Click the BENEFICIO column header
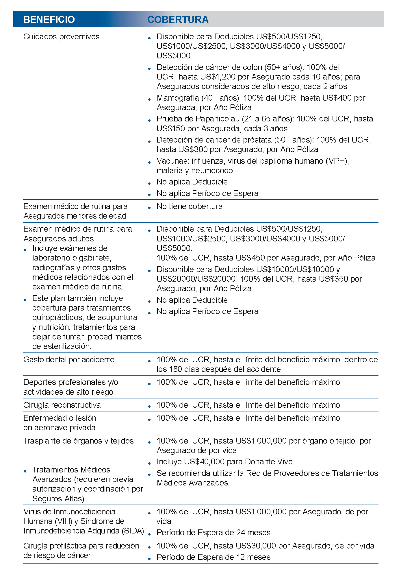pos(49,19)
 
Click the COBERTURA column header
pos(178,19)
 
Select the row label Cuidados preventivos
pos(61,37)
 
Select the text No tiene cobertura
pos(190,206)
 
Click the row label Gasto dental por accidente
pos(69,360)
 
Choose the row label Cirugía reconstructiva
pos(62,405)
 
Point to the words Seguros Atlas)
pos(58,499)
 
